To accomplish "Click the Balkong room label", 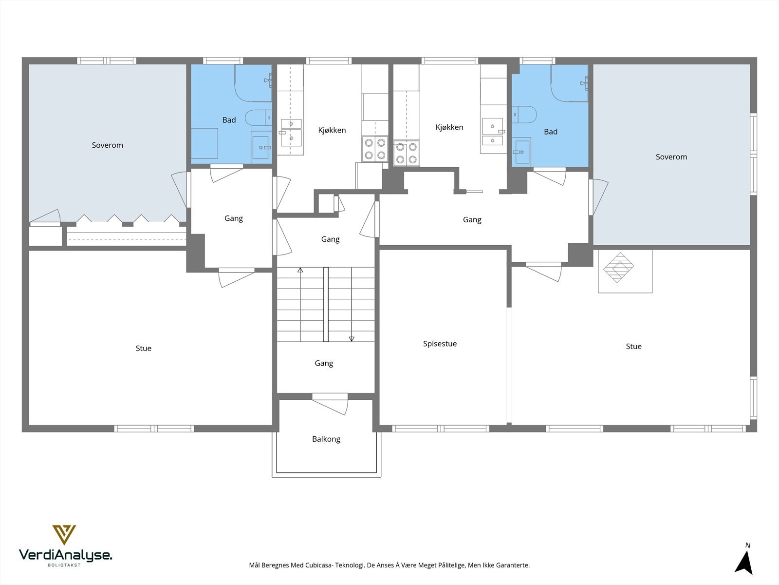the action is (326, 439).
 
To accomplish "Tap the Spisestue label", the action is (440, 344).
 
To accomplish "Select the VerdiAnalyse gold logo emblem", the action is (64, 535).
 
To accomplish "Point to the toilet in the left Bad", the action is (259, 118).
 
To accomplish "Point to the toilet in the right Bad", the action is (524, 115).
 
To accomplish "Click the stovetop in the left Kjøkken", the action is (375, 149).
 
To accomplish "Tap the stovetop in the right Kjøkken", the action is (407, 153).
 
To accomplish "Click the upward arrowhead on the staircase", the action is (300, 270).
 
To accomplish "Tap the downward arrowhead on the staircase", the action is (352, 339).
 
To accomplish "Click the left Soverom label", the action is (107, 145).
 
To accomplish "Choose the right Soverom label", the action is (671, 157).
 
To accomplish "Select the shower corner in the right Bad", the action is (569, 83).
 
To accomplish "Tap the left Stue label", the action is (143, 349).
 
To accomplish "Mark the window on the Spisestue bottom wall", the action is (441, 429).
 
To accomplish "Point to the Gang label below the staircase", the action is (324, 363).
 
